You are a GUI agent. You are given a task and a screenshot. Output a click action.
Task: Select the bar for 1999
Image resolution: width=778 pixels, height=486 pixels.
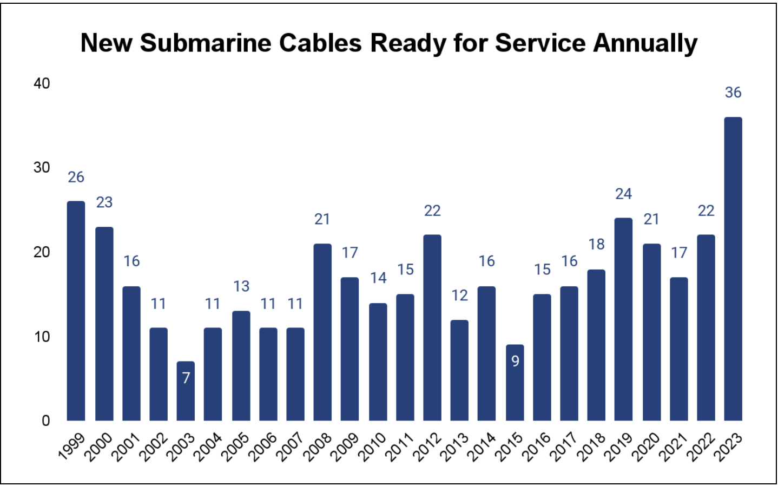[76, 311]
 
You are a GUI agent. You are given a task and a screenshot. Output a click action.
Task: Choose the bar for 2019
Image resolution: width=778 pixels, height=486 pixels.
[623, 319]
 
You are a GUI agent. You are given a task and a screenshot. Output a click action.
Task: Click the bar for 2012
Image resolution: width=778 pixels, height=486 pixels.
[432, 327]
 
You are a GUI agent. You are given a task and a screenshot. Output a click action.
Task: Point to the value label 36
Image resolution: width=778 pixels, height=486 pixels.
[733, 93]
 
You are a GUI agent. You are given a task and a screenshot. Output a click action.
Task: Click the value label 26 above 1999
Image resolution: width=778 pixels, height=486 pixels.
[76, 177]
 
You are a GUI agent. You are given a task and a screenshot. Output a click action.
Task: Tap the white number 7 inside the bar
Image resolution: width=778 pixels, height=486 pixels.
[186, 378]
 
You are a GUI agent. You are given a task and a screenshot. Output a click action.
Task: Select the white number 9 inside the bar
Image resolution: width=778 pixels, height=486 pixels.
[515, 361]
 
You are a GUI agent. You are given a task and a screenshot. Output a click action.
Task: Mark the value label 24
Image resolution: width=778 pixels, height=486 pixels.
[623, 194]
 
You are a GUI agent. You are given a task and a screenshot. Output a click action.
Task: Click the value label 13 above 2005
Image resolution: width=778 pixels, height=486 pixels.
[241, 286]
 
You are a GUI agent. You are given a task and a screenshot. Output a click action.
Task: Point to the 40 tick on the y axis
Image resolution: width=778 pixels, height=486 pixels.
[42, 83]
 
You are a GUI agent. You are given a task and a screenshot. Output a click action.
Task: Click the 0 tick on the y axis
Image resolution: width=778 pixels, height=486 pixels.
[46, 421]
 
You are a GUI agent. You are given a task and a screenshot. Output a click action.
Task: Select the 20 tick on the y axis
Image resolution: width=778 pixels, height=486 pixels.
[42, 252]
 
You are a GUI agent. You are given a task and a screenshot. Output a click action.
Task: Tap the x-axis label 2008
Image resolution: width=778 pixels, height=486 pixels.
[318, 447]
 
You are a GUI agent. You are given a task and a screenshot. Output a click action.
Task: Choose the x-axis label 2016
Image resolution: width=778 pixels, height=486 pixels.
[537, 447]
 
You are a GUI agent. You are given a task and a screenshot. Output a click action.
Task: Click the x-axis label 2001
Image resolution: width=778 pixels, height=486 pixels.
[126, 447]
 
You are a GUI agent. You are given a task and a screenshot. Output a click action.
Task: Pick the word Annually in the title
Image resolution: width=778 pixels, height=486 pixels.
[645, 43]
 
